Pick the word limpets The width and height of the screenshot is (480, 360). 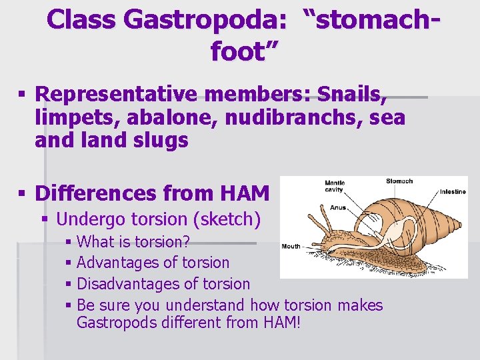point(69,118)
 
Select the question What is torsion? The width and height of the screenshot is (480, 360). point(134,241)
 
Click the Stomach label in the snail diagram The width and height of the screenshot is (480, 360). point(399,181)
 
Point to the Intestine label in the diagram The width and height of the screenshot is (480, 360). point(453,192)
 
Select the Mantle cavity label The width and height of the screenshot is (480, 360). point(334,187)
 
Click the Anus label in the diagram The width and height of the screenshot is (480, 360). point(338,207)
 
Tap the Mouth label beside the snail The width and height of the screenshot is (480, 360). point(291,246)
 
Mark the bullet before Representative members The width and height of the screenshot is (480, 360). point(23,95)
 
